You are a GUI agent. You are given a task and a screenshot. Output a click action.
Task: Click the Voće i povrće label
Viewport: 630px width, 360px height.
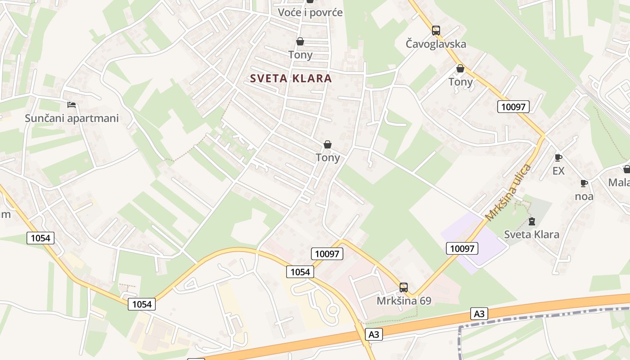(310, 13)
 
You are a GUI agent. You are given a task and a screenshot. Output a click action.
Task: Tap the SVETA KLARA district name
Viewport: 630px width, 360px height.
(291, 78)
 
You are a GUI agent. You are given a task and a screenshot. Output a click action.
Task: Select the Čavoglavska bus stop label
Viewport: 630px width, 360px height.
(436, 44)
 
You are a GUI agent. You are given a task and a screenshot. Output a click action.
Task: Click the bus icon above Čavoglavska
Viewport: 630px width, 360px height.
(436, 31)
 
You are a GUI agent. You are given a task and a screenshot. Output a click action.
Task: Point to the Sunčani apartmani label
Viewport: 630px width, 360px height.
(72, 118)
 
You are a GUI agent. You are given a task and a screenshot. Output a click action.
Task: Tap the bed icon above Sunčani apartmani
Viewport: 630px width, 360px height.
(72, 105)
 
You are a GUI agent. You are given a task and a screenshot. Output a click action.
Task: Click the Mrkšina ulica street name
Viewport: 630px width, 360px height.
(508, 193)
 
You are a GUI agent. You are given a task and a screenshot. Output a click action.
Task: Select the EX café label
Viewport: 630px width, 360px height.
(558, 171)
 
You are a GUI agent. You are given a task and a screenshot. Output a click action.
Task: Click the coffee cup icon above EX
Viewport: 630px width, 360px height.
(558, 157)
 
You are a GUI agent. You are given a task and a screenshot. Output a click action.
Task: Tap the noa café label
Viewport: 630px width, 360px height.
(584, 196)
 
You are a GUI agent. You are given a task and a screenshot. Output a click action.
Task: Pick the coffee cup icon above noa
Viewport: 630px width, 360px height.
(584, 183)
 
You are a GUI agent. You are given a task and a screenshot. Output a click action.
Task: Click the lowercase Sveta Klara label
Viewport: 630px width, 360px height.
(531, 234)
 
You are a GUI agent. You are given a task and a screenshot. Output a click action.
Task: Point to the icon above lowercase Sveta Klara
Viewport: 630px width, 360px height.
(532, 221)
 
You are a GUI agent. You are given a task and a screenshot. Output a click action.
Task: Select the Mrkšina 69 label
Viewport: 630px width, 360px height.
(404, 301)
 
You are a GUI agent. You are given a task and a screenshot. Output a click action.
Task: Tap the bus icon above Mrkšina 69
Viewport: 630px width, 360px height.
(404, 287)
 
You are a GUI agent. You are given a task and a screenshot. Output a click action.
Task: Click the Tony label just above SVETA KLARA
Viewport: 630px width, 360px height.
(300, 55)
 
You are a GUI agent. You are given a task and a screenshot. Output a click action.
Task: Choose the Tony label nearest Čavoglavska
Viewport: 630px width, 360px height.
(460, 82)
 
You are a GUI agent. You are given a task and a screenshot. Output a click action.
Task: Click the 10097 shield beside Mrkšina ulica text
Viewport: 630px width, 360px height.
(462, 248)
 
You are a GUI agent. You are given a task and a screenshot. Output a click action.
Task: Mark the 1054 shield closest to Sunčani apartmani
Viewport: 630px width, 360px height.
(40, 238)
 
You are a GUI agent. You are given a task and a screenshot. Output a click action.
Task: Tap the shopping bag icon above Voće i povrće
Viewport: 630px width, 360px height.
(310, 1)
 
